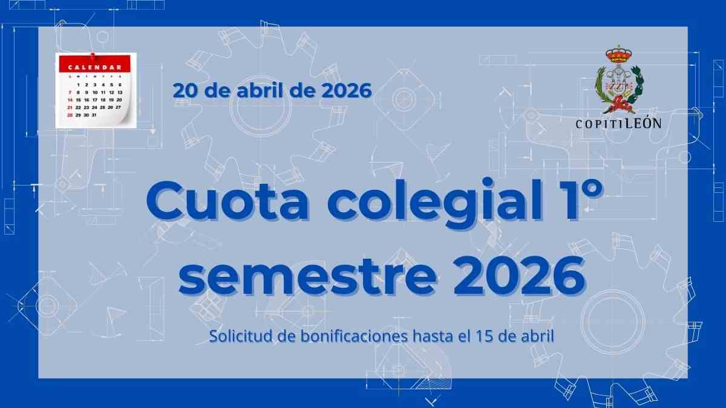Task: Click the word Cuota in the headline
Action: point(227,201)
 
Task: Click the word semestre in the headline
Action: point(307,276)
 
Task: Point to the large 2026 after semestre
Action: point(519,276)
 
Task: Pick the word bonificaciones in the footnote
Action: point(354,336)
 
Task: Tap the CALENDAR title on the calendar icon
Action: point(94,67)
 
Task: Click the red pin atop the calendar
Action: point(93,56)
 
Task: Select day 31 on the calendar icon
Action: point(94,115)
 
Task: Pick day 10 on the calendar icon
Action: point(95,92)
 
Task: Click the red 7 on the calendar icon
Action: point(70,92)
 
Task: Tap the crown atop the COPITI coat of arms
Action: point(619,55)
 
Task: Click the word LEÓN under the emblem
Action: point(643,123)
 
